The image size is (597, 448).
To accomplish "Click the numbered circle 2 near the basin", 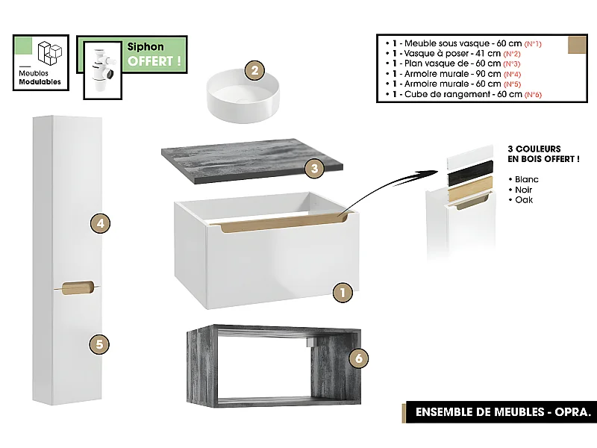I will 255,71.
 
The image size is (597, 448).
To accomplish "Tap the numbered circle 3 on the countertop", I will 315,169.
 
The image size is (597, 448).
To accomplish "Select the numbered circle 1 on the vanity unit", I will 341,293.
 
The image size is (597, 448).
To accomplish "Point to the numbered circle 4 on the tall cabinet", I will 100,223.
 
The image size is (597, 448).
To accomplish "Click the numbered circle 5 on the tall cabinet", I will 100,344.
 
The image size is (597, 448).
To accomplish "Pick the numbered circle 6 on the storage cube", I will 359,359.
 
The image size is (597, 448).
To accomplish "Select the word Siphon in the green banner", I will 146,46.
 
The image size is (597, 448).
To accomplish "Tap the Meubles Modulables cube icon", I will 50,53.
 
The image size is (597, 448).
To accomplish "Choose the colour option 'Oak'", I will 523,200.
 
